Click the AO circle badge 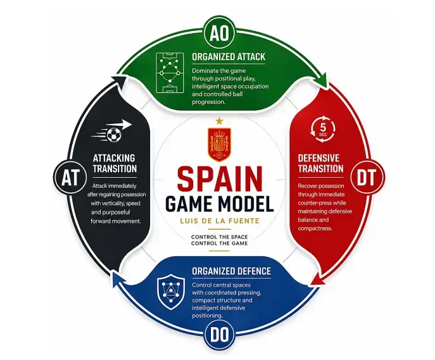click(219, 34)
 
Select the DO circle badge click(219, 335)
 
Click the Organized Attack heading click(229, 57)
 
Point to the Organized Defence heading click(231, 271)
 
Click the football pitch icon click(170, 73)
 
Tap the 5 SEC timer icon click(323, 130)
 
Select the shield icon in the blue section click(170, 292)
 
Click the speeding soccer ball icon click(111, 131)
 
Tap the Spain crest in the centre click(219, 144)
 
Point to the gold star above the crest click(219, 121)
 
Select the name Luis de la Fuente click(220, 221)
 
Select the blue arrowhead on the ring click(116, 278)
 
